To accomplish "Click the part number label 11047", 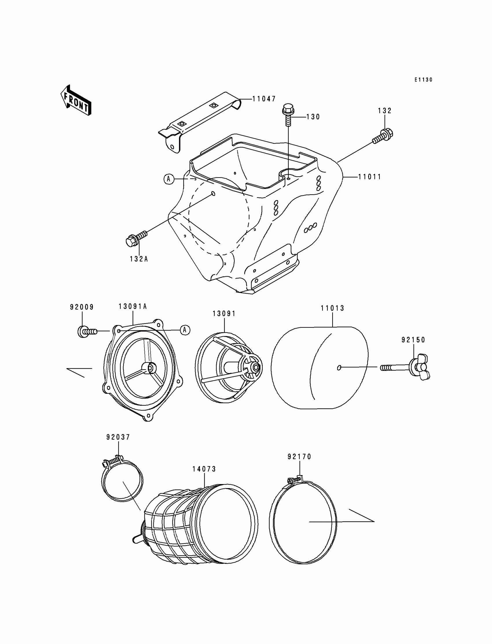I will pyautogui.click(x=264, y=99).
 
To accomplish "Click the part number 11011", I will pyautogui.click(x=370, y=177).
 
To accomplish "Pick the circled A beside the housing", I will pyautogui.click(x=169, y=178).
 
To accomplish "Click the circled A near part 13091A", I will pyautogui.click(x=185, y=330).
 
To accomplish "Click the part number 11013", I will pyautogui.click(x=333, y=308).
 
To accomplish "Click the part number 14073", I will pyautogui.click(x=204, y=469).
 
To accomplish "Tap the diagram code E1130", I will pyautogui.click(x=423, y=80).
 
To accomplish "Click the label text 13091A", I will pyautogui.click(x=133, y=307).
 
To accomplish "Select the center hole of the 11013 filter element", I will pyautogui.click(x=339, y=368).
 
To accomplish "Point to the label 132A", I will pyautogui.click(x=139, y=259).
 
